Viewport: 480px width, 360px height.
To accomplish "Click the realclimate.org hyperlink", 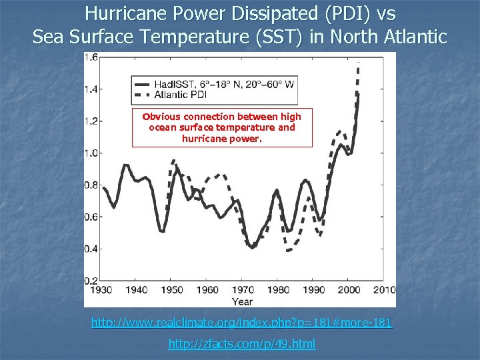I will pyautogui.click(x=242, y=323).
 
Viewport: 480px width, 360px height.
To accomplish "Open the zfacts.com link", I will pyautogui.click(x=242, y=344).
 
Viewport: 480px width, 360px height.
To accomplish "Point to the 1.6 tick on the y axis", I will pyautogui.click(x=91, y=57).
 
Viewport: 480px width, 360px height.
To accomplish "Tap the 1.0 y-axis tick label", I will pyautogui.click(x=91, y=153).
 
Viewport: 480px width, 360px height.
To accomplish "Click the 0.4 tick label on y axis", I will pyautogui.click(x=91, y=249).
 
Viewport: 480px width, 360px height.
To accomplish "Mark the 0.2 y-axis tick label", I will pyautogui.click(x=91, y=281).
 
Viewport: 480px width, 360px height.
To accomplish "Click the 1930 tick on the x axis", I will pyautogui.click(x=97, y=290).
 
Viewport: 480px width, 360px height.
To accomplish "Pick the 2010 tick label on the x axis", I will pyautogui.click(x=384, y=290).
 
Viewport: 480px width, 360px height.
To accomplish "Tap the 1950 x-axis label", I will pyautogui.click(x=172, y=290).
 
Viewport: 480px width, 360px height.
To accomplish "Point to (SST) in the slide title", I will pyautogui.click(x=283, y=36).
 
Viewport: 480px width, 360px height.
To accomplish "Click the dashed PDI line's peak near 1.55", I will pyautogui.click(x=359, y=64).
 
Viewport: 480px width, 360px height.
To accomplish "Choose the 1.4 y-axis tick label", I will pyautogui.click(x=91, y=89).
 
